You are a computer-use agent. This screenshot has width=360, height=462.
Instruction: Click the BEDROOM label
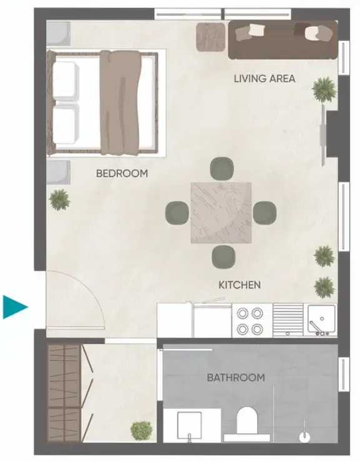pos(122,174)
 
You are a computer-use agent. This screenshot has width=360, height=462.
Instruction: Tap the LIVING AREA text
pos(265,79)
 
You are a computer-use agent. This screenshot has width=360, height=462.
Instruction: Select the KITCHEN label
pos(240,285)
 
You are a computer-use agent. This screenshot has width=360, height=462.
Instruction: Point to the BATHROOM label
pos(236,378)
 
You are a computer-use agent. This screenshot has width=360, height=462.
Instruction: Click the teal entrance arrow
pos(15,307)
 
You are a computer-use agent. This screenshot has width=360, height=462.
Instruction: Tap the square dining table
pos(221,213)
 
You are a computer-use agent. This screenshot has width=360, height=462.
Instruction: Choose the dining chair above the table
pos(222,168)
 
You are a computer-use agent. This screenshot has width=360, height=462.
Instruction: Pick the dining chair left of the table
pos(177,213)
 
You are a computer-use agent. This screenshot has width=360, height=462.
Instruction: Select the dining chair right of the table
pos(265,212)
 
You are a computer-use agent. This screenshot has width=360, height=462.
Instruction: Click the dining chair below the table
pos(223,257)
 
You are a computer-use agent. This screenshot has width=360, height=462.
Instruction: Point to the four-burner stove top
pos(250,320)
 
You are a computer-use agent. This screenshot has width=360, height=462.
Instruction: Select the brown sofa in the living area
pos(283,40)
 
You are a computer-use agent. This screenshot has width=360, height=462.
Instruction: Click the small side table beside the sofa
pos(211,37)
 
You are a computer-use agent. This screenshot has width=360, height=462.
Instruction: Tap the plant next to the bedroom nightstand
pos(60,200)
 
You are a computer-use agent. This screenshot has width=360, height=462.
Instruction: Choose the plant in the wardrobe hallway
pos(142,431)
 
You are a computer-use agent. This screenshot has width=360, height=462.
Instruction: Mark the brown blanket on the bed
pos(120,102)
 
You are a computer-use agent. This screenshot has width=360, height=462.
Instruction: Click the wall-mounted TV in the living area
pos(323,135)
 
